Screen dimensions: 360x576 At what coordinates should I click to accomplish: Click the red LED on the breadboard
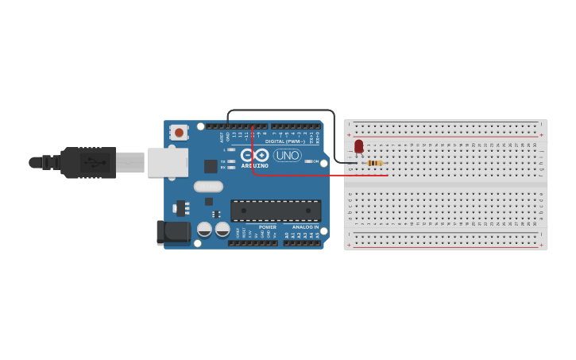(359, 146)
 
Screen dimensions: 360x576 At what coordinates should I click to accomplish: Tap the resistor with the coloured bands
(374, 163)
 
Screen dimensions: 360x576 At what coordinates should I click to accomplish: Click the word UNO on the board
(287, 155)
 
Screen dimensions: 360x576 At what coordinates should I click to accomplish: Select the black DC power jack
(172, 232)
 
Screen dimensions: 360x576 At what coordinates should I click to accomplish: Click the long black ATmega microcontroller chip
(276, 211)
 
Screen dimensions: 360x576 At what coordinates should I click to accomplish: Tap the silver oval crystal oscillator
(208, 187)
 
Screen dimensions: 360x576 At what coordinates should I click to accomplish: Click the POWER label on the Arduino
(267, 227)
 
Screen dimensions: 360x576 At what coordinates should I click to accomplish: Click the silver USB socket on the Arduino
(168, 162)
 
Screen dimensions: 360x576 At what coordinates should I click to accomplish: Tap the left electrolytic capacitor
(204, 229)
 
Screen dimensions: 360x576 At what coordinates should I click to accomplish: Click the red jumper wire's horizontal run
(318, 174)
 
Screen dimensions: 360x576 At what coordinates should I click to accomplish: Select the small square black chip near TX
(211, 166)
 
